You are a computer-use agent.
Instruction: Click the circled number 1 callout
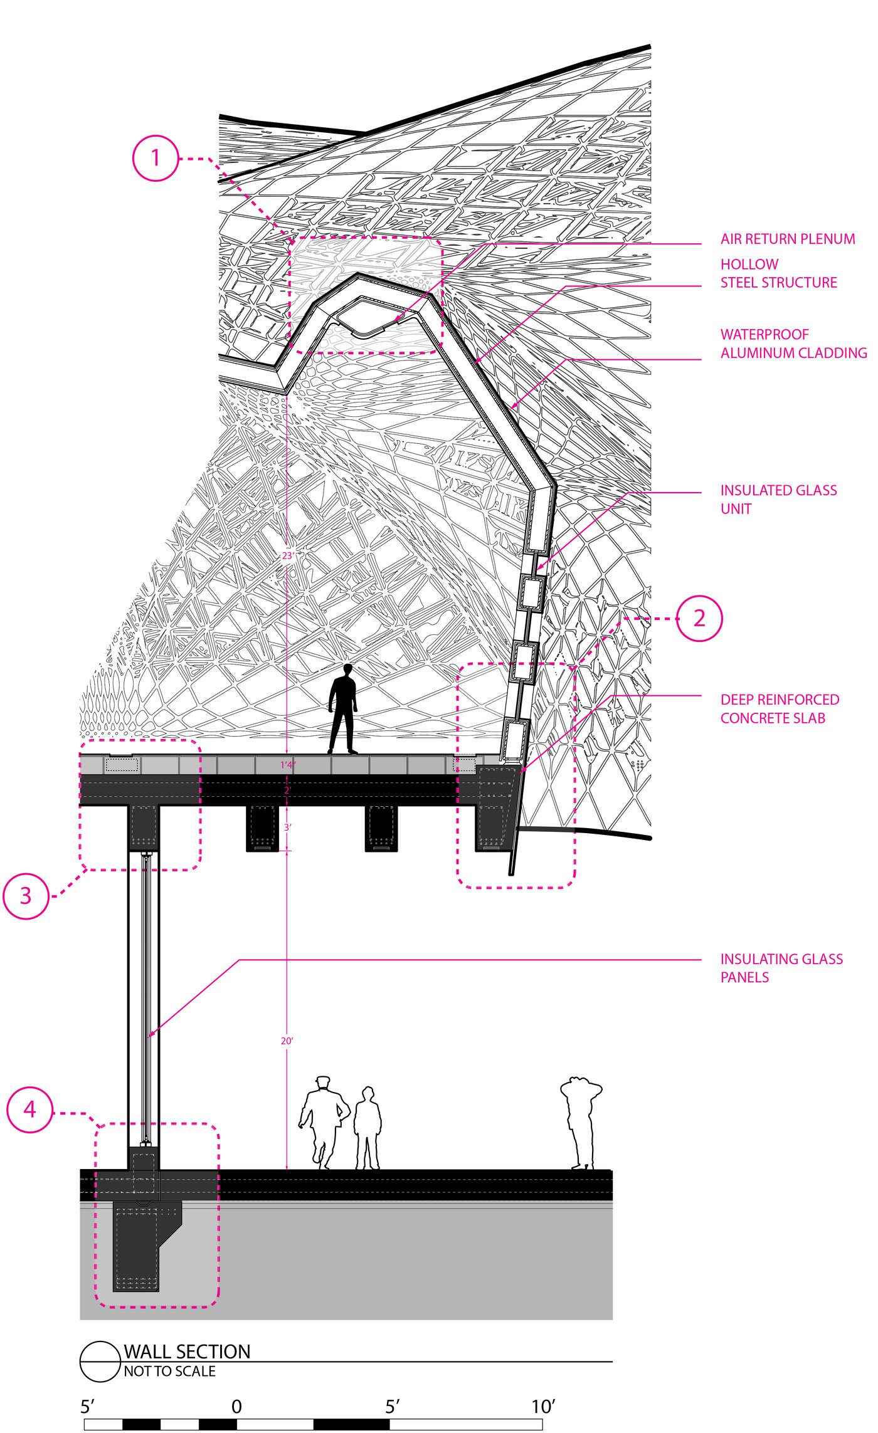click(156, 158)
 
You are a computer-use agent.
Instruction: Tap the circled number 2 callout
click(699, 618)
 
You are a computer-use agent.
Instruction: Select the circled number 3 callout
click(26, 896)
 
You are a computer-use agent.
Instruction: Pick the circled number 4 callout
click(29, 1110)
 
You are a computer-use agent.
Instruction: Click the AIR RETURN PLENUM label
click(788, 239)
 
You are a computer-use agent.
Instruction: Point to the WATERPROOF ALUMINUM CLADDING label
click(793, 344)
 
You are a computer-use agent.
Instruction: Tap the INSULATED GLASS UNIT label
click(778, 499)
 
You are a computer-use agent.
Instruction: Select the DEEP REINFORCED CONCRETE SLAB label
click(780, 708)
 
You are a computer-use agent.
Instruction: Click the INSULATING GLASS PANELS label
click(781, 968)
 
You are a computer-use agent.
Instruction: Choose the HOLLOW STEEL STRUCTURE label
click(778, 273)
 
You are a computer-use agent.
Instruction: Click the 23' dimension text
click(288, 555)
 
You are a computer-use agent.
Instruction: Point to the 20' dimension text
click(287, 1041)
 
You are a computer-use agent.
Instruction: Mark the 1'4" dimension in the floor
click(287, 765)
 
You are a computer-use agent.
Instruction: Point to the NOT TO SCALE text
click(169, 1371)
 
